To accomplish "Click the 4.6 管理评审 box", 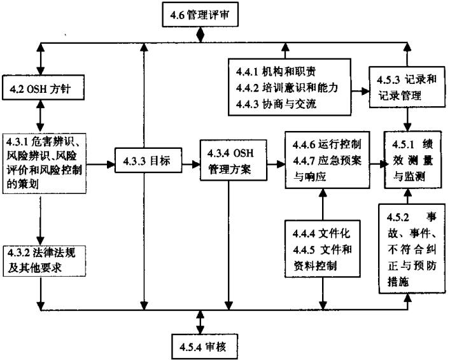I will [200, 15].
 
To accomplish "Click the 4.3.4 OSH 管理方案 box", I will [229, 162].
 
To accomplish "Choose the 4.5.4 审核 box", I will [200, 347].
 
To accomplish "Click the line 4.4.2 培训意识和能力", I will [288, 87].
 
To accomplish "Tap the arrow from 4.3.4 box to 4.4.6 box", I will [272, 163].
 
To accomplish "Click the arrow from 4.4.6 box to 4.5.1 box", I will [378, 163].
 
